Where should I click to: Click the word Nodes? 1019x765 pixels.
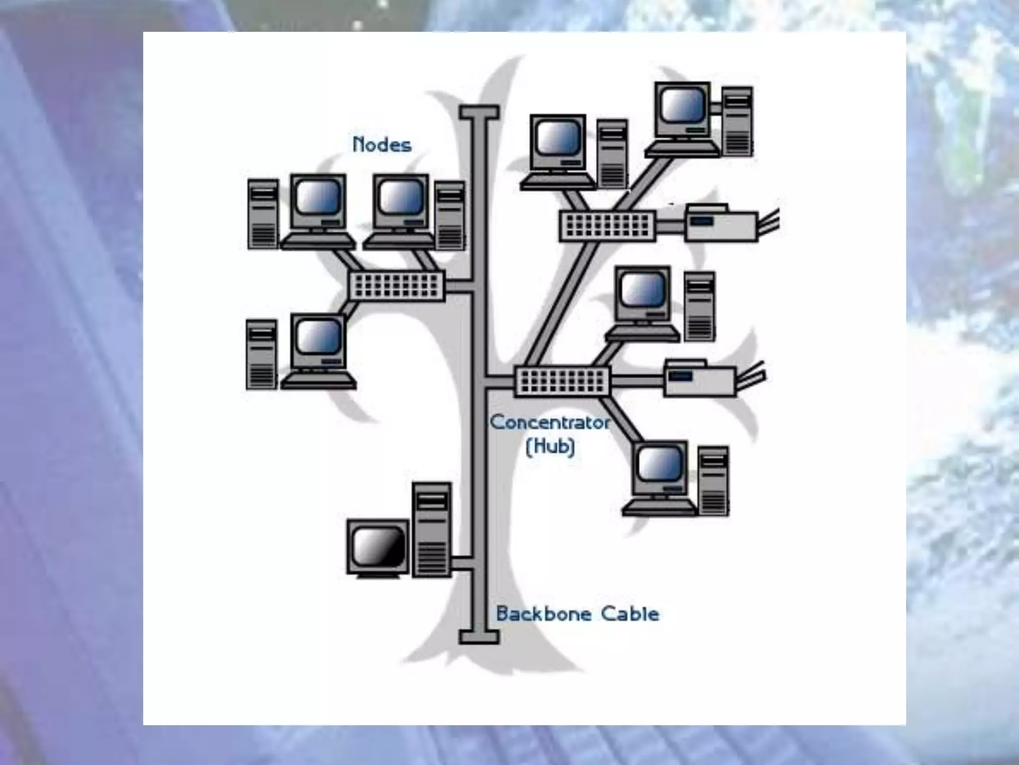pos(382,145)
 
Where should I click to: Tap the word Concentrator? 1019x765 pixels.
pos(550,423)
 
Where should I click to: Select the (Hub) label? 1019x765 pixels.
pos(550,446)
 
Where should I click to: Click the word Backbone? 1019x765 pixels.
pos(543,614)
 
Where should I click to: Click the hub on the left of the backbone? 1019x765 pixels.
pos(397,286)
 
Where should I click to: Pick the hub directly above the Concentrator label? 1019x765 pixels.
pos(562,381)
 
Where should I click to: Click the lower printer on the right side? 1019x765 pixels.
pos(701,379)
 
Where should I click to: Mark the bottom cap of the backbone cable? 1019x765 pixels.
pos(479,637)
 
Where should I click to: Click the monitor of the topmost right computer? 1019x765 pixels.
pos(683,110)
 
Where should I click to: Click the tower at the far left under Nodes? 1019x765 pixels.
pos(263,214)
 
